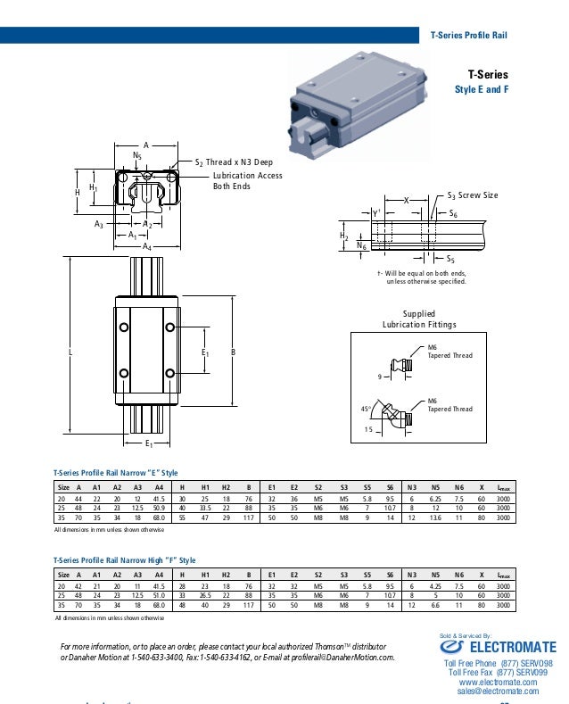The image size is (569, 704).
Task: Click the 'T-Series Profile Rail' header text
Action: pos(468,36)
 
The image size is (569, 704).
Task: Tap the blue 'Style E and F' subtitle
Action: pos(481,90)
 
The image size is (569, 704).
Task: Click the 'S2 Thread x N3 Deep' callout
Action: pos(234,162)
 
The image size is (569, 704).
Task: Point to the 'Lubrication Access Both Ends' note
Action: pos(247,181)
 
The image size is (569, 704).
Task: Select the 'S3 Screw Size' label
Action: pos(473,195)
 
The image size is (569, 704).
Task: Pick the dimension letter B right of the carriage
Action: pos(233,353)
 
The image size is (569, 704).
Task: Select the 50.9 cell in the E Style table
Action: pos(159,507)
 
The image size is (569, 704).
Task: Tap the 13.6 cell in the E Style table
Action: pos(435,517)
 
